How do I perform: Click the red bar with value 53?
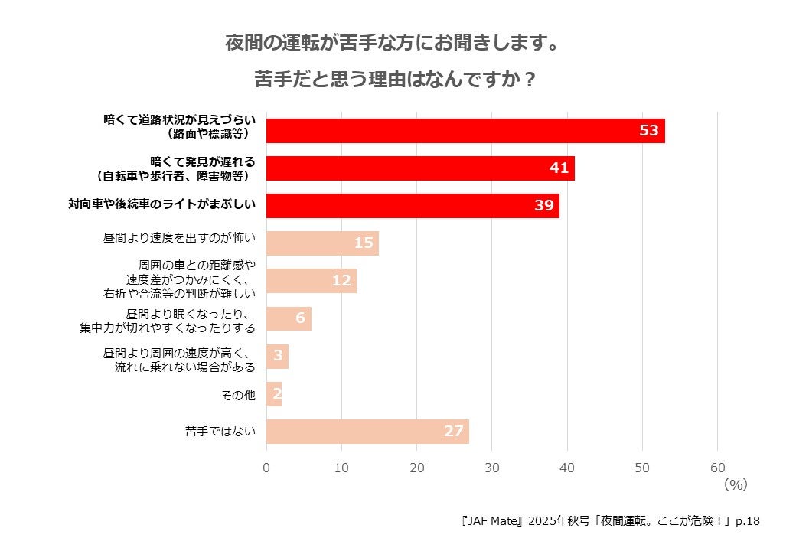pyautogui.click(x=465, y=131)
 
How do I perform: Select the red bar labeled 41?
pyautogui.click(x=420, y=168)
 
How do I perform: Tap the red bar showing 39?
pyautogui.click(x=413, y=206)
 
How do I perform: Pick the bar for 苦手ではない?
pyautogui.click(x=367, y=432)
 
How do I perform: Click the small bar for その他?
pyautogui.click(x=274, y=394)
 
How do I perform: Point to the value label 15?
pyautogui.click(x=364, y=243)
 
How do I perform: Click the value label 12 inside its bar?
pyautogui.click(x=341, y=281)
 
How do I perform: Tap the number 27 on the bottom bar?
pyautogui.click(x=454, y=432)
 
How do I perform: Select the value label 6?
pyautogui.click(x=300, y=318)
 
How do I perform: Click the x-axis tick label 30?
pyautogui.click(x=492, y=468)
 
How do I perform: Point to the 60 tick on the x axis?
pyautogui.click(x=717, y=468)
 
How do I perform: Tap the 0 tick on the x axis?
pyautogui.click(x=266, y=468)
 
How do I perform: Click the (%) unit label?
pyautogui.click(x=735, y=484)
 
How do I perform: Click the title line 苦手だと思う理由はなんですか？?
pyautogui.click(x=394, y=80)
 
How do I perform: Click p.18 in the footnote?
pyautogui.click(x=747, y=521)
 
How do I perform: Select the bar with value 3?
pyautogui.click(x=277, y=357)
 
